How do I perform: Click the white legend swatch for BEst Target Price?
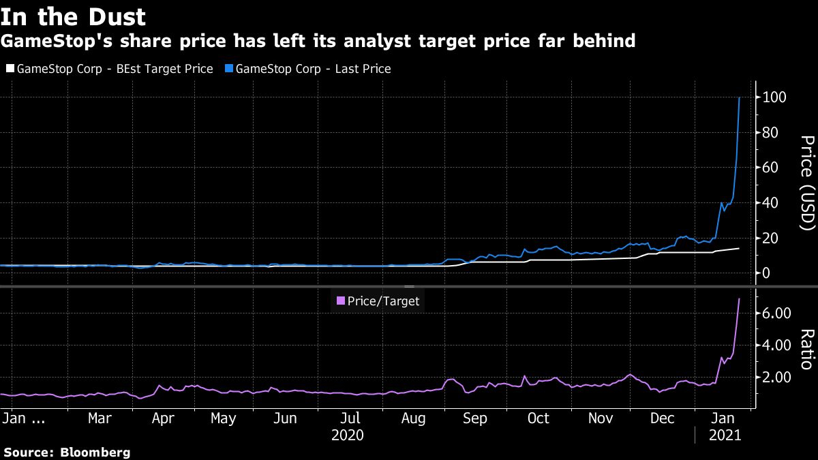10,69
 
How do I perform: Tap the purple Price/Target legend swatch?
341,300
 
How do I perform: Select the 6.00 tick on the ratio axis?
774,313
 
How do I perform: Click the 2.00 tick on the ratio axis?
774,377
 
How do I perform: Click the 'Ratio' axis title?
808,349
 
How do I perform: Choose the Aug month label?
413,418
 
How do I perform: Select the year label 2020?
346,435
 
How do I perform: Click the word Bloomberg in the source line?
95,452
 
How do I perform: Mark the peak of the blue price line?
740,97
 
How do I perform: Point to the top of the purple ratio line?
740,298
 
